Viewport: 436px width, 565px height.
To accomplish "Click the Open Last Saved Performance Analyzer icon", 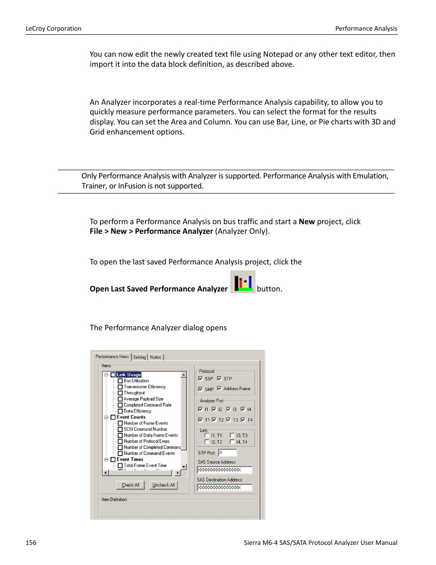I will [242, 282].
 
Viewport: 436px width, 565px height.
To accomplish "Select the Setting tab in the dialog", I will [139, 357].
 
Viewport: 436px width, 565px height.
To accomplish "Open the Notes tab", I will [155, 357].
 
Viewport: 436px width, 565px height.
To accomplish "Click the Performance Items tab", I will [112, 357].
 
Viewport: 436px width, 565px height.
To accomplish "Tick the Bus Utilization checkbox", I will [120, 381].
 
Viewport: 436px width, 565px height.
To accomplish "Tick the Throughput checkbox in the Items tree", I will [120, 393].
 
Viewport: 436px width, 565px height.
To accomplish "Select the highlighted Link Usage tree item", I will [128, 375].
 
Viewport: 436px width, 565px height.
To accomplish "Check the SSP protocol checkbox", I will [201, 379].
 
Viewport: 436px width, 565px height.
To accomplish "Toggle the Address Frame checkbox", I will [219, 388].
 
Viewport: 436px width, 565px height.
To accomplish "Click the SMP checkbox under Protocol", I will [201, 389].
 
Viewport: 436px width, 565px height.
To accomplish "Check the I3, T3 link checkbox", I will [232, 436].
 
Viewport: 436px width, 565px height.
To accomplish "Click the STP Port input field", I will [227, 453].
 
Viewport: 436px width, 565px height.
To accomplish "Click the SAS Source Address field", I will [224, 470].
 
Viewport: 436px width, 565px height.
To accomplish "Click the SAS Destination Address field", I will [224, 488].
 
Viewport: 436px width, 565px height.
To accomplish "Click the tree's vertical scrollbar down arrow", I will [184, 467].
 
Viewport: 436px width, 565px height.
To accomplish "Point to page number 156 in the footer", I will [31, 543].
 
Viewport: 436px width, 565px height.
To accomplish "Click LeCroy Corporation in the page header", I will [53, 28].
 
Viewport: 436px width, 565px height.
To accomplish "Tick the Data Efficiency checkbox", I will [120, 411].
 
